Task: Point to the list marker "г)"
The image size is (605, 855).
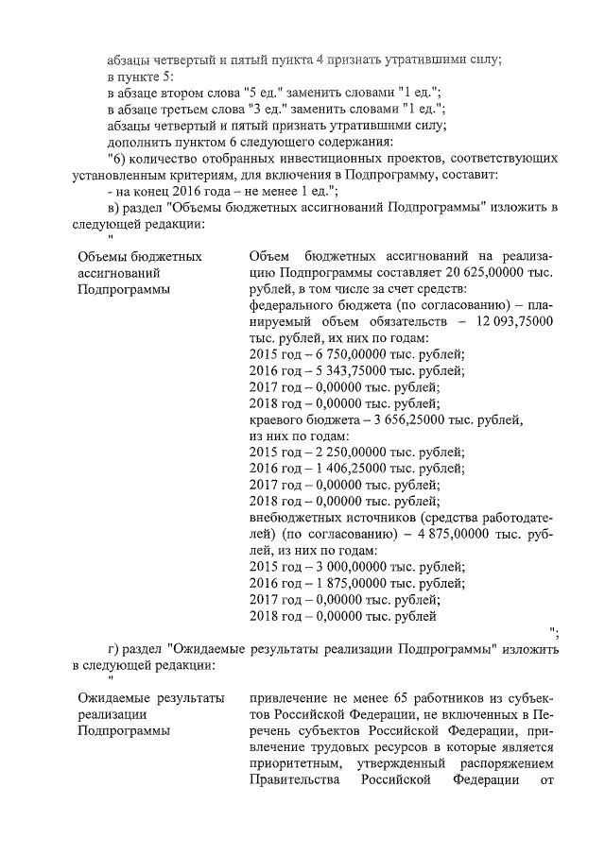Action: click(x=115, y=649)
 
